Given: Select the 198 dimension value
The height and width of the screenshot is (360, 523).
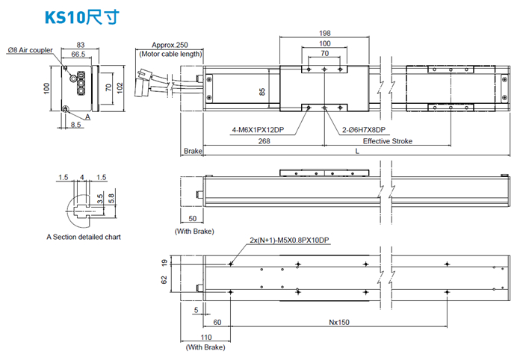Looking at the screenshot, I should pyautogui.click(x=324, y=34).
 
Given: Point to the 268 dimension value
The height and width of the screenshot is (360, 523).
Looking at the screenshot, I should pyautogui.click(x=263, y=141).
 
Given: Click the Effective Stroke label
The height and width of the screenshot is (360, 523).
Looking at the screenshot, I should pyautogui.click(x=387, y=141).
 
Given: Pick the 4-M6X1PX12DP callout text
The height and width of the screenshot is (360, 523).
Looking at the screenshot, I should pyautogui.click(x=258, y=129).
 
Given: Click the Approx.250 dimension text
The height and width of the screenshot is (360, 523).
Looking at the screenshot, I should pyautogui.click(x=170, y=45).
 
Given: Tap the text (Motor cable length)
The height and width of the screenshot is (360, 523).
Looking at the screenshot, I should pyautogui.click(x=170, y=54).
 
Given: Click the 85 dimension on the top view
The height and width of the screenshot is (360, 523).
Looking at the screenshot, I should pyautogui.click(x=261, y=92).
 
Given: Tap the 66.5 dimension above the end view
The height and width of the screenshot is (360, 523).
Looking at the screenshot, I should pyautogui.click(x=78, y=55).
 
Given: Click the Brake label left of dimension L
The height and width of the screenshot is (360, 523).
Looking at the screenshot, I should pyautogui.click(x=193, y=152).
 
